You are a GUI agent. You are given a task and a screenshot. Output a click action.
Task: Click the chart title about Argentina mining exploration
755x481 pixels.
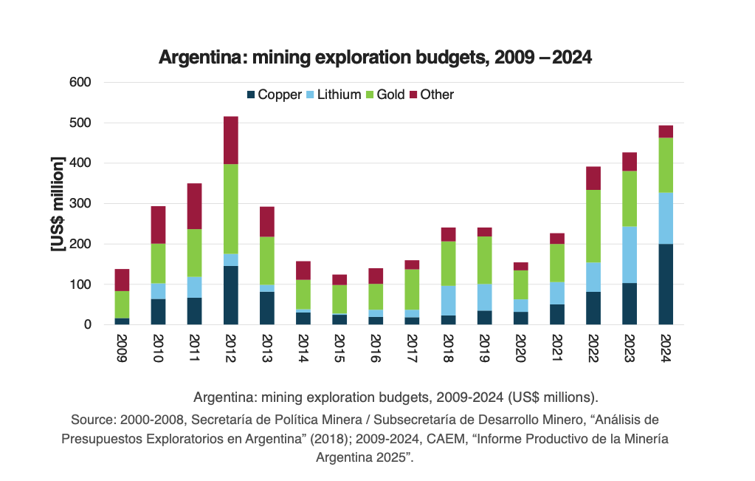point(376,57)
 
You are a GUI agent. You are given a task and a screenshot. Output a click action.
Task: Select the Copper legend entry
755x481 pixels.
point(274,95)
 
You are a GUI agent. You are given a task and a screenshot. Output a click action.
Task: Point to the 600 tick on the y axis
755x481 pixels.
point(80,82)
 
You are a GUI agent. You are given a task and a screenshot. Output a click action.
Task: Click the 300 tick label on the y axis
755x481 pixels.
point(80,203)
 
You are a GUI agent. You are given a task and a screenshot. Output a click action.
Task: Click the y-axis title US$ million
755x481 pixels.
point(58,204)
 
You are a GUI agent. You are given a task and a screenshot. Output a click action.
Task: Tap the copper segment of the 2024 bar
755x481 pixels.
point(666,284)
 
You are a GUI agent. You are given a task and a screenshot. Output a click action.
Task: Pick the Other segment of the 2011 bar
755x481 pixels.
point(194,206)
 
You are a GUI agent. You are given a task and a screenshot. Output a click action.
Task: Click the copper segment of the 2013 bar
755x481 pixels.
point(266,308)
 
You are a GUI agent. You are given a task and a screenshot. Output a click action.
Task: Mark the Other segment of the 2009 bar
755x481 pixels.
point(122,280)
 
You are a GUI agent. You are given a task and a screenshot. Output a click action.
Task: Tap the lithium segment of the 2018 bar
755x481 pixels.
point(448,301)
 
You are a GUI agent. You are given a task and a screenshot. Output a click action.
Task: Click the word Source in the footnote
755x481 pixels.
point(92,420)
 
